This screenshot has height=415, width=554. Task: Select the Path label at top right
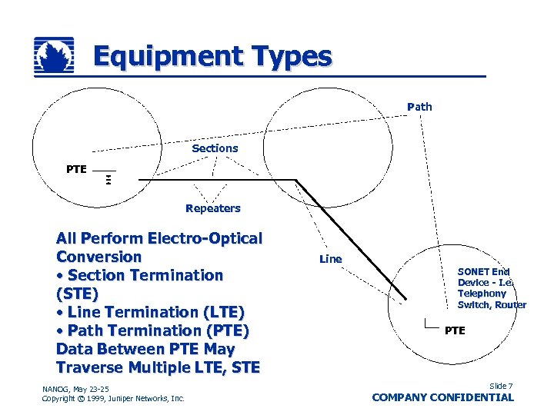(419, 107)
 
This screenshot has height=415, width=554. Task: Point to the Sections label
(215, 148)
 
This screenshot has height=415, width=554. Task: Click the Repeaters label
(212, 208)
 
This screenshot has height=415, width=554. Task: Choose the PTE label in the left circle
(76, 169)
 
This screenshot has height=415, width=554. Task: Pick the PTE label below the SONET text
(455, 330)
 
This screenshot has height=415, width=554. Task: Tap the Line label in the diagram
(330, 259)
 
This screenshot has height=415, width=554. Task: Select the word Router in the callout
(511, 305)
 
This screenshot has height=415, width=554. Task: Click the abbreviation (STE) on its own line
(77, 294)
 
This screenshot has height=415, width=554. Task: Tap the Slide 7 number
(500, 386)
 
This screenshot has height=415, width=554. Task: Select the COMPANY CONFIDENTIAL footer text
(442, 397)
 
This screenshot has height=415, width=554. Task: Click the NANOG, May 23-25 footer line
(76, 388)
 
